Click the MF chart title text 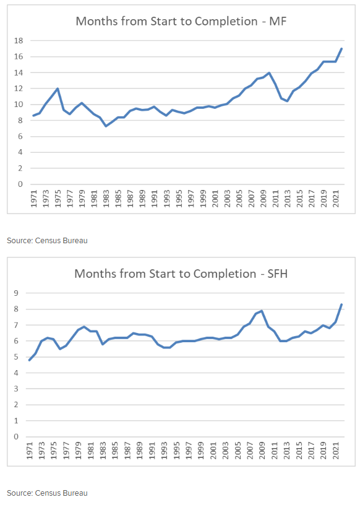tap(181, 21)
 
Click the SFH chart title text tap(181, 274)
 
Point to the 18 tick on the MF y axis tap(19, 41)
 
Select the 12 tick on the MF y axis tap(19, 88)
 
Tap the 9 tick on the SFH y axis tap(17, 293)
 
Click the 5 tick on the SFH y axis tap(17, 357)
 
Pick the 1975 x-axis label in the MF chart tap(58, 199)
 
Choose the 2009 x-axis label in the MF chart tap(264, 199)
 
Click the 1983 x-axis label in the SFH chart tap(103, 451)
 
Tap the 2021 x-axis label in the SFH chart tap(335, 451)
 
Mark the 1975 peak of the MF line tap(58, 88)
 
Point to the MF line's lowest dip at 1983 tap(106, 126)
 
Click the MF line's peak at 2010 tap(269, 73)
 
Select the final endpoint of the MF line tap(341, 49)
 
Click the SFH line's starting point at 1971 tap(29, 360)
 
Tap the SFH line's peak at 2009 tap(262, 311)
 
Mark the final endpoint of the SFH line tap(341, 304)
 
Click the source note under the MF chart tap(48, 241)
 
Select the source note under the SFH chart tap(48, 493)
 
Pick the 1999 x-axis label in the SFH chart tap(200, 451)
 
